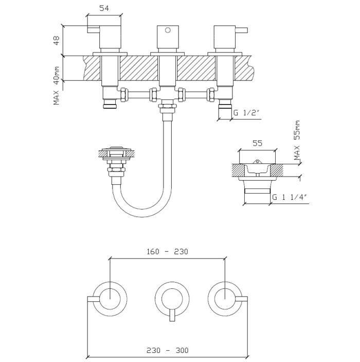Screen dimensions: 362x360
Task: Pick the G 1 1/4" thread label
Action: pos(290,196)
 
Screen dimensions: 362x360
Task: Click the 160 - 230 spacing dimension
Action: pos(168,252)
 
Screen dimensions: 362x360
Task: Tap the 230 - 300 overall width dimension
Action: pos(168,350)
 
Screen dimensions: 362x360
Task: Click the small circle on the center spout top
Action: pos(167,31)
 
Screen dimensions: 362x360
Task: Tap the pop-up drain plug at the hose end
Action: pos(116,152)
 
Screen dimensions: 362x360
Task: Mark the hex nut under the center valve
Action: pos(167,108)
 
